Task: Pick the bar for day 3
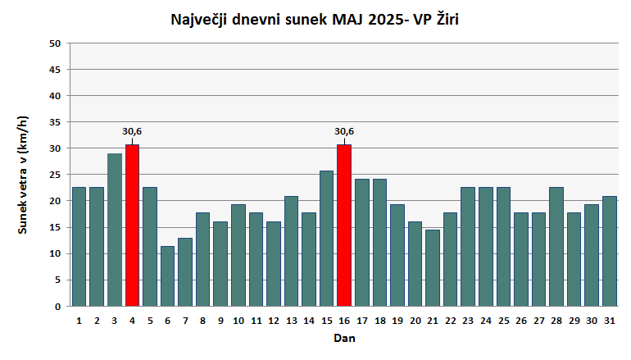[115, 230]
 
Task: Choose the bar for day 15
[326, 239]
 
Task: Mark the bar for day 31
[610, 251]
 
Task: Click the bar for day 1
[79, 247]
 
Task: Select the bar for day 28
[556, 247]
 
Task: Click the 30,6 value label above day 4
[132, 131]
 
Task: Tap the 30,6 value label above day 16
[344, 131]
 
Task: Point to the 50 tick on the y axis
[55, 43]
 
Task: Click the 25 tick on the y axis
[55, 175]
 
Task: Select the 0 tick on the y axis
[58, 307]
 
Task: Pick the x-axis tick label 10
[238, 320]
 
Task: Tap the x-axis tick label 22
[450, 320]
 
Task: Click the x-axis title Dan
[344, 338]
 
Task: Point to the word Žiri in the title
[443, 19]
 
